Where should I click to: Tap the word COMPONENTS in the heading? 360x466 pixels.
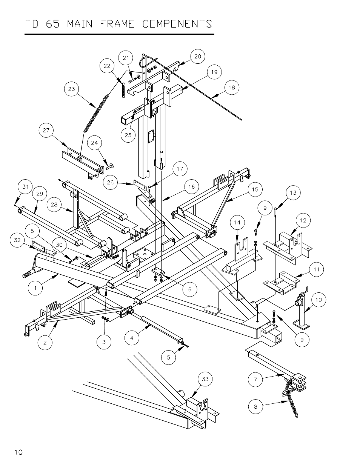(177, 24)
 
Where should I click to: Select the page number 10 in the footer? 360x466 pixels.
(19, 452)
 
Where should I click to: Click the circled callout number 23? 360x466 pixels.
(72, 89)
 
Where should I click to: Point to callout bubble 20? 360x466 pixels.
(197, 57)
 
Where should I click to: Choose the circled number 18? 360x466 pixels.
(232, 88)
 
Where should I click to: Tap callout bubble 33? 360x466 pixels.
(205, 379)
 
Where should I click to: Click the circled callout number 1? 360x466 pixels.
(35, 289)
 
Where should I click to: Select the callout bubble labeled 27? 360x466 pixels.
(46, 131)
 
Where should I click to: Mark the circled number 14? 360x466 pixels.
(237, 223)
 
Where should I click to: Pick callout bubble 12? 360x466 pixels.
(303, 220)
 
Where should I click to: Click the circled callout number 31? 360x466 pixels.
(25, 187)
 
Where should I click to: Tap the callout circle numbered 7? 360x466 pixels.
(255, 380)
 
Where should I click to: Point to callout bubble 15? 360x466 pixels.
(255, 189)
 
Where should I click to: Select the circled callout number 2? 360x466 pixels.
(45, 343)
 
